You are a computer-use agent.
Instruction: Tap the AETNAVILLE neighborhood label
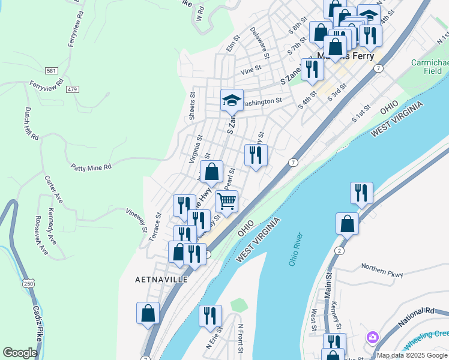[161, 280]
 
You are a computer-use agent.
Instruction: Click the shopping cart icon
[226, 202]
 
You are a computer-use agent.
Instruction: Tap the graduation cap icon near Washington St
[231, 101]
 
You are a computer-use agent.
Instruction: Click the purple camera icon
[373, 338]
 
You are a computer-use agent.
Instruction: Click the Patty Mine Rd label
[91, 167]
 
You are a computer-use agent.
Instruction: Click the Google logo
[20, 353]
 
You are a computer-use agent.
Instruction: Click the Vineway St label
[137, 219]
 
